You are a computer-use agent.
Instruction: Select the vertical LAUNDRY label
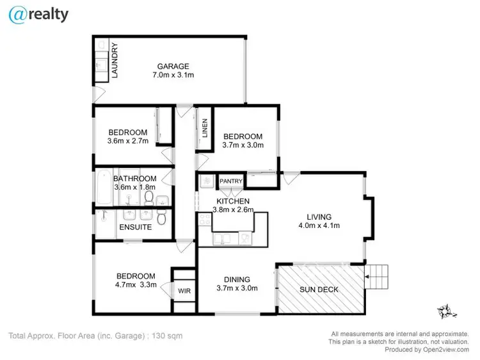[115, 60]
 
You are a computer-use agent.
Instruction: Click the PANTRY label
[230, 181]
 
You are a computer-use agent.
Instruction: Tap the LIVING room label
[318, 216]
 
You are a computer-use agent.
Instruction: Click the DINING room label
[236, 279]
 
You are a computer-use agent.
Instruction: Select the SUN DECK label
[319, 290]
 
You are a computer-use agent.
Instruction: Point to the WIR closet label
[184, 291]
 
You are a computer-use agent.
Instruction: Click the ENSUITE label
[135, 227]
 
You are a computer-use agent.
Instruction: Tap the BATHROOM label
[134, 179]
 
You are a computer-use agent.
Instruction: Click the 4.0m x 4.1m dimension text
[318, 225]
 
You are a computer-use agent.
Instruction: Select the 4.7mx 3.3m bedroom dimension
[135, 285]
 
